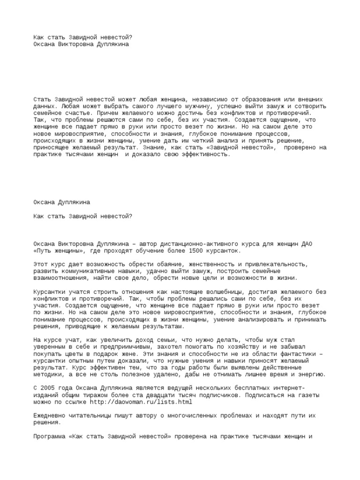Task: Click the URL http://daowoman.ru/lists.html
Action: (x=141, y=402)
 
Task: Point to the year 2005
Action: (x=50, y=389)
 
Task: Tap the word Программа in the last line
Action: (x=50, y=436)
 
